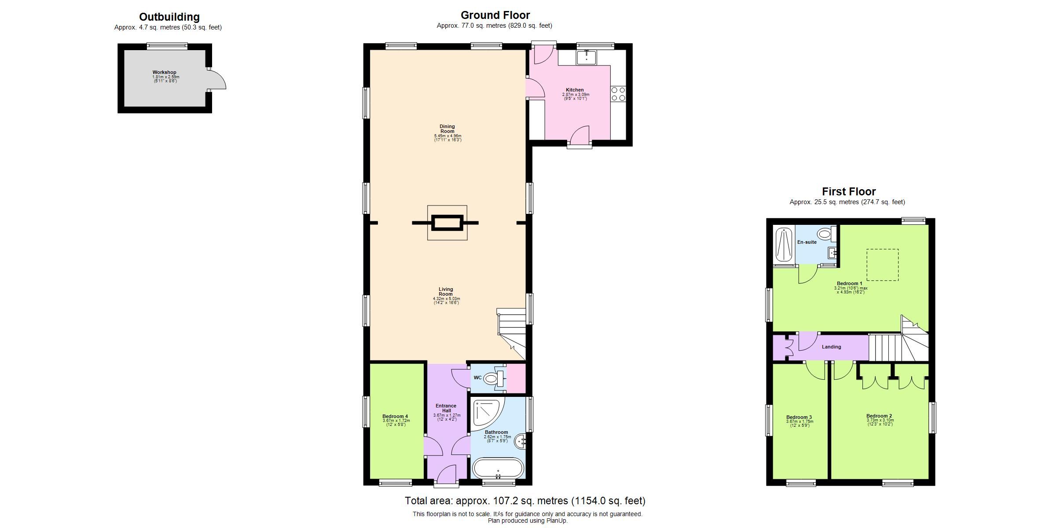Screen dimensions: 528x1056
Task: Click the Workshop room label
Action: [x=165, y=73]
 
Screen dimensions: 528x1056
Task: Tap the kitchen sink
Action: [x=587, y=58]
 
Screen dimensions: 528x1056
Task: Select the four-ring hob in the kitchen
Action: [x=618, y=94]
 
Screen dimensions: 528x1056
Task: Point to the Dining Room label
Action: [x=447, y=129]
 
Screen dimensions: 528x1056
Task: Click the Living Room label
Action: [x=446, y=292]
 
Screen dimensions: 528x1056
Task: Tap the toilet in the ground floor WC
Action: [x=490, y=378]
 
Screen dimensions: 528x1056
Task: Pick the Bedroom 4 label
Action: [x=395, y=416]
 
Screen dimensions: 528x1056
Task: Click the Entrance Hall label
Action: [x=446, y=408]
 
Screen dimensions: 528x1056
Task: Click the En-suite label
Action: [x=807, y=242]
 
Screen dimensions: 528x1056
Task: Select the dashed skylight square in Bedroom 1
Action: [x=883, y=264]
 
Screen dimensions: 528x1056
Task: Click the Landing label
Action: [x=832, y=347]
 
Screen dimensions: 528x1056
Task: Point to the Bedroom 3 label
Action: [x=799, y=417]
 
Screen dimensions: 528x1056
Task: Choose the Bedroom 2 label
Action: [x=879, y=416]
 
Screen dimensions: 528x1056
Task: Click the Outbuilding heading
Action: [x=169, y=17]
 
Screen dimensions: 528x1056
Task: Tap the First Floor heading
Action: [x=849, y=192]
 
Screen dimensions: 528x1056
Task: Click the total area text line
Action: [x=525, y=501]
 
